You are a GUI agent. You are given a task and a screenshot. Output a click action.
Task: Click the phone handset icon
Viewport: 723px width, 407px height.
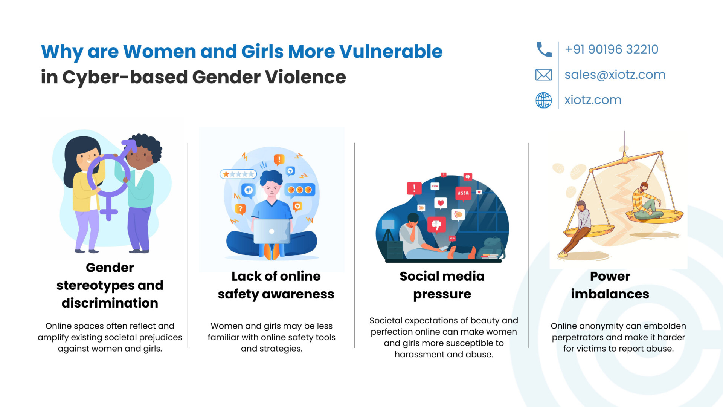pos(544,49)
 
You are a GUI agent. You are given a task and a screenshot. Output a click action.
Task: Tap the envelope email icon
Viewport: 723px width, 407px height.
pos(544,75)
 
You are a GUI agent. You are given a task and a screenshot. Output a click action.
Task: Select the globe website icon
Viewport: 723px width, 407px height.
pos(544,100)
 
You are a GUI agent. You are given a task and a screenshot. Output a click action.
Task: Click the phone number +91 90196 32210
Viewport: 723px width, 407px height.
pos(612,49)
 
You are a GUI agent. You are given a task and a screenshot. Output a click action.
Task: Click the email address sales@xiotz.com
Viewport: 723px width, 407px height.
pos(615,75)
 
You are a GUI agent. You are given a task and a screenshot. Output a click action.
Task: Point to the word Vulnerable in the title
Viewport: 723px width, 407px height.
pos(391,51)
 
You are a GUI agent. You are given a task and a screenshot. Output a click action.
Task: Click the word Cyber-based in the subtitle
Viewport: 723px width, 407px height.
pos(125,77)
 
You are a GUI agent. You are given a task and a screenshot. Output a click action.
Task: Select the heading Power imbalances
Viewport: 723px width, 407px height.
pos(610,285)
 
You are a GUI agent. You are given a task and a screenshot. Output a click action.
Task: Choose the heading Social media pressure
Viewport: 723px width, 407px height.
pos(442,285)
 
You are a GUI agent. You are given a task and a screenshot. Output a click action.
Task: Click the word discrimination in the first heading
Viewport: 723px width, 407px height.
pos(110,303)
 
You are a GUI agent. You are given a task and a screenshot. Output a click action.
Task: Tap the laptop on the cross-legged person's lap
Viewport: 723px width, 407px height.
pos(272,231)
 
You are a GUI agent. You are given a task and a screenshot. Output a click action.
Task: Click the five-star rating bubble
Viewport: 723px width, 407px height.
pos(238,174)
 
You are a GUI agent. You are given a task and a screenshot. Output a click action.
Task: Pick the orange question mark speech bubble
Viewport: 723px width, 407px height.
pos(240,208)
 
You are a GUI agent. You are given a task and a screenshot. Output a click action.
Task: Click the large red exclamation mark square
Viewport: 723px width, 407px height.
pos(414,188)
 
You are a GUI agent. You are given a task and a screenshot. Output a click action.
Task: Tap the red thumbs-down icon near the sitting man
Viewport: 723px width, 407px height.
pos(436,225)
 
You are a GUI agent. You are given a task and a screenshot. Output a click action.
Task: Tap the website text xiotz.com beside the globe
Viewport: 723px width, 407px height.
pos(593,100)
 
